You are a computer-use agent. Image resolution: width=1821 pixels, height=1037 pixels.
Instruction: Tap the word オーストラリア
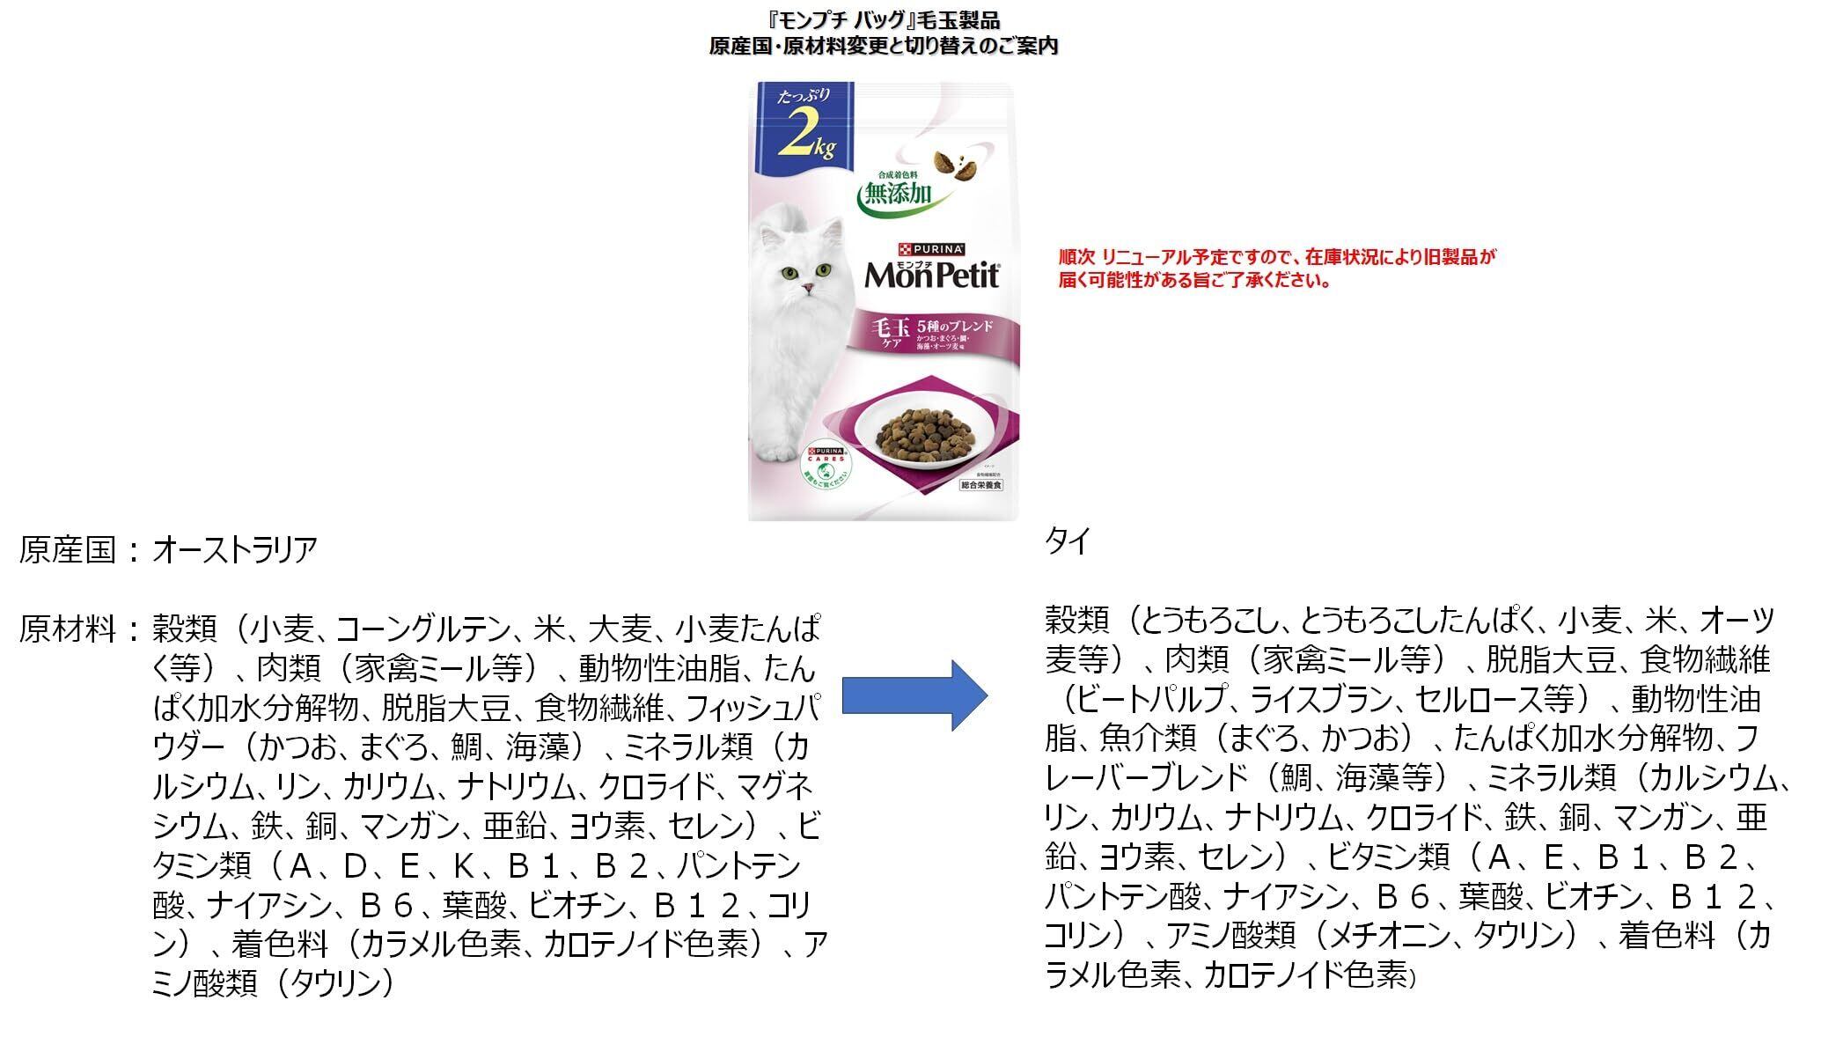(235, 551)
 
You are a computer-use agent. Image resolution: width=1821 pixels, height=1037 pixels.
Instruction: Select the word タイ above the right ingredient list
(1067, 541)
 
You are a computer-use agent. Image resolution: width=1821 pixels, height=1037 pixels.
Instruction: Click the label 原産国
(68, 551)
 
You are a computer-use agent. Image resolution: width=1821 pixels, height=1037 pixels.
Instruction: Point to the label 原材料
(68, 629)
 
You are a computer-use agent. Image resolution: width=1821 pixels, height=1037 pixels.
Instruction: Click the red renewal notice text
(1276, 268)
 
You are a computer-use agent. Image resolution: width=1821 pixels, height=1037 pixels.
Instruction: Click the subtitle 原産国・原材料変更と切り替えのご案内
(883, 46)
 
